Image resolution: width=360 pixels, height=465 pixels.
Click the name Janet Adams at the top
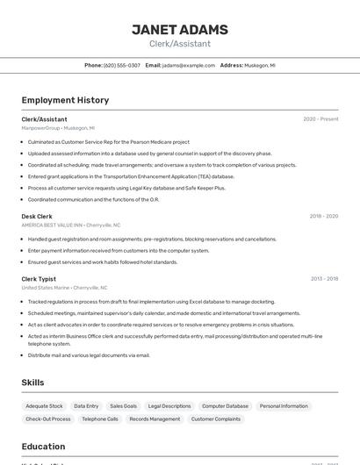[179, 30]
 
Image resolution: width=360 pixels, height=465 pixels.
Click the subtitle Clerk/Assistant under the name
[179, 44]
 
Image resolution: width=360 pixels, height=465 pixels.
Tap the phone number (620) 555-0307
[121, 65]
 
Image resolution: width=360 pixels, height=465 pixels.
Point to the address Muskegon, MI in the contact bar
[259, 65]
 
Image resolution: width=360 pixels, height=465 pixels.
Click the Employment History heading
[65, 100]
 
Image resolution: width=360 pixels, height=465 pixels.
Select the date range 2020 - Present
[320, 119]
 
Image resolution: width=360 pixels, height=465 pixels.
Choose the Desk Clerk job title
[37, 216]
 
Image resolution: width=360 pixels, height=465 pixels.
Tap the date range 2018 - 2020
[323, 216]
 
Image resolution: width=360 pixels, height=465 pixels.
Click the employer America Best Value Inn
[52, 225]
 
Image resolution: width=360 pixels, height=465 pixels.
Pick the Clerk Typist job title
[39, 279]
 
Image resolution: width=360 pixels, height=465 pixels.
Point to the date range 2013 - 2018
[323, 279]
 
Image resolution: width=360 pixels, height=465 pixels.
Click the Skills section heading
[32, 383]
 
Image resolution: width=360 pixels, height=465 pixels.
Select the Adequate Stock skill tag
[44, 406]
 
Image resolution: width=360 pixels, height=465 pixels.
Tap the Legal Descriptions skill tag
[169, 406]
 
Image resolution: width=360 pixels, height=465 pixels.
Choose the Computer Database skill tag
[225, 406]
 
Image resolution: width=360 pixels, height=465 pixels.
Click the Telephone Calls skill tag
[100, 419]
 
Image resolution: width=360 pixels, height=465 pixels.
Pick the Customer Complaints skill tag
[216, 419]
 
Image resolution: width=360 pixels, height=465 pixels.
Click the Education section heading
[43, 446]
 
